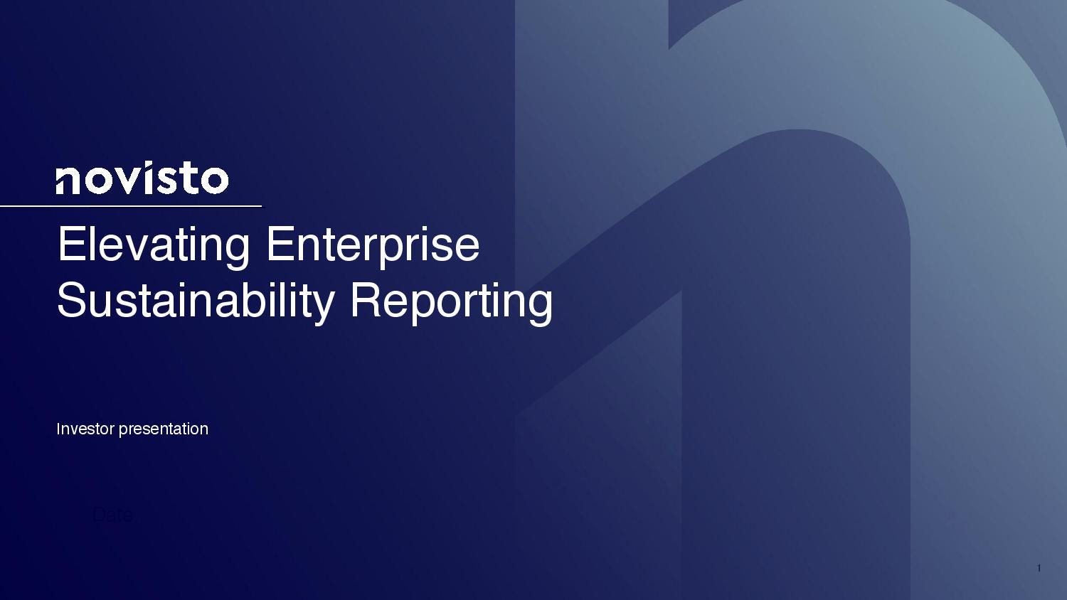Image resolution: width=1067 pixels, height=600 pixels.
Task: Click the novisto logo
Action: pyautogui.click(x=142, y=179)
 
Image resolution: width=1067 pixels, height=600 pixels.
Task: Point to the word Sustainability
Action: pyautogui.click(x=195, y=300)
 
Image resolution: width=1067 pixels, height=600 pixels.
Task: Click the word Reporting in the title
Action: pyautogui.click(x=451, y=300)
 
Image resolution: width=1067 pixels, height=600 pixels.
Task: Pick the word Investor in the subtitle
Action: pyautogui.click(x=85, y=429)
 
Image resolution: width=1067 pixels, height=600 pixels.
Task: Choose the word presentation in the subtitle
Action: pyautogui.click(x=163, y=429)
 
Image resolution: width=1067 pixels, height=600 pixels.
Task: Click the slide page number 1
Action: pyautogui.click(x=1039, y=568)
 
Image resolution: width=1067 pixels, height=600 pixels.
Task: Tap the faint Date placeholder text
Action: pyautogui.click(x=112, y=515)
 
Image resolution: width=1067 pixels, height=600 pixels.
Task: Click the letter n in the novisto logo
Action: pyautogui.click(x=68, y=181)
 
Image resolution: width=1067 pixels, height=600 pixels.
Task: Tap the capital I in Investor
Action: pyautogui.click(x=59, y=429)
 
